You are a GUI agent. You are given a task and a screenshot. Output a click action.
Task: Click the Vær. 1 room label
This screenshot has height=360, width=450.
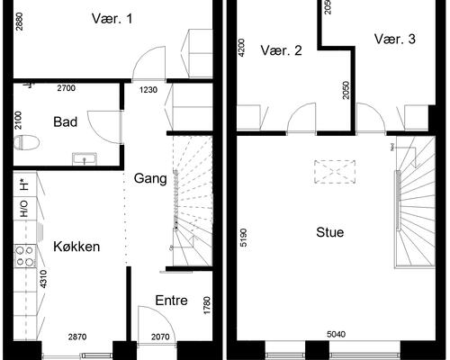click(112, 18)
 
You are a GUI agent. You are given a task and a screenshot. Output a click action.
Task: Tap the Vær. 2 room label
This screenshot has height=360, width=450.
click(281, 51)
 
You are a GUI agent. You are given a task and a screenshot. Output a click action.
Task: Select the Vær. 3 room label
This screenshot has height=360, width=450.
click(395, 39)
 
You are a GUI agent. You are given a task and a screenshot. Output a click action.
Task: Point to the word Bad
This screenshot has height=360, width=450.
click(65, 121)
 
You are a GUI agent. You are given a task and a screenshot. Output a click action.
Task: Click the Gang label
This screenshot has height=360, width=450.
click(150, 178)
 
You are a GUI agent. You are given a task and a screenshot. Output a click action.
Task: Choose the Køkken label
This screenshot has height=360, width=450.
click(76, 247)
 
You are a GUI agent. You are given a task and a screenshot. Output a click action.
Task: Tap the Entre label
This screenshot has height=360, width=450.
click(172, 300)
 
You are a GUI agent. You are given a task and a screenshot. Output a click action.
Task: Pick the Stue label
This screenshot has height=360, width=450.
click(330, 232)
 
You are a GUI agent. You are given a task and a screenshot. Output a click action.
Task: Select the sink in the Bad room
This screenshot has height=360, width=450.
click(86, 159)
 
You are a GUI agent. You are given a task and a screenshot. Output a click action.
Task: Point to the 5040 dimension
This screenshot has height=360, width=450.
click(336, 335)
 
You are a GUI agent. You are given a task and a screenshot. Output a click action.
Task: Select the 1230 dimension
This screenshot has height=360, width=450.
click(148, 89)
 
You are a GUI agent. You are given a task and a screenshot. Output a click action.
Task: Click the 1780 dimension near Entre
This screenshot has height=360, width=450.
click(207, 307)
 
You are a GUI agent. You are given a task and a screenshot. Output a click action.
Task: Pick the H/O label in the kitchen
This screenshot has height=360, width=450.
click(22, 209)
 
